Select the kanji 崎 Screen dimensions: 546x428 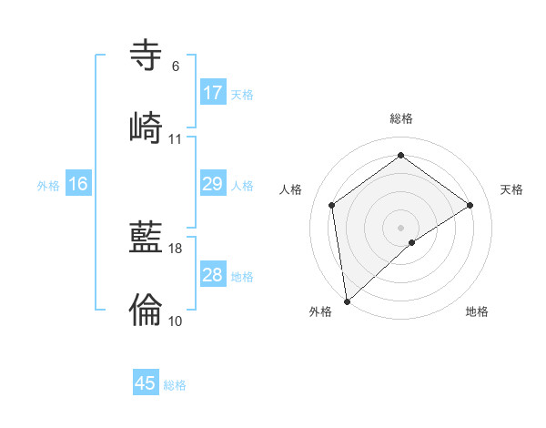[x=146, y=127]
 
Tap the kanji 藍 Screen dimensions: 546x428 [x=146, y=239]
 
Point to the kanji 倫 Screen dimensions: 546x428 [x=146, y=310]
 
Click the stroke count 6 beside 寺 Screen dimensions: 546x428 [x=175, y=66]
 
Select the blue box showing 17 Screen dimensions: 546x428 [x=213, y=93]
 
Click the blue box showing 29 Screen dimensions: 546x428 [x=213, y=184]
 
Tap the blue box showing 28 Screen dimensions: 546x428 [x=213, y=275]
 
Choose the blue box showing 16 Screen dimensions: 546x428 [x=78, y=184]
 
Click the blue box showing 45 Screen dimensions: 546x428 [x=146, y=383]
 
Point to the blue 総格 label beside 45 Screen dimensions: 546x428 [x=175, y=385]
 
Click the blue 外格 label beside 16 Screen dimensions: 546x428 [x=48, y=186]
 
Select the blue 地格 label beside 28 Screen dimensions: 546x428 [x=242, y=277]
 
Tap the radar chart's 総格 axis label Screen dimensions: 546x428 [x=401, y=118]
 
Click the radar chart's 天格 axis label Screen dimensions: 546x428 [x=512, y=189]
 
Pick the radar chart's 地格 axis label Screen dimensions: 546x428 [x=477, y=311]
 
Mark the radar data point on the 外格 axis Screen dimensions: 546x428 [x=347, y=301]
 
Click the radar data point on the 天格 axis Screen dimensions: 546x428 [x=470, y=205]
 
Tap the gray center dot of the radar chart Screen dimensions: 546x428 [x=401, y=227]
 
